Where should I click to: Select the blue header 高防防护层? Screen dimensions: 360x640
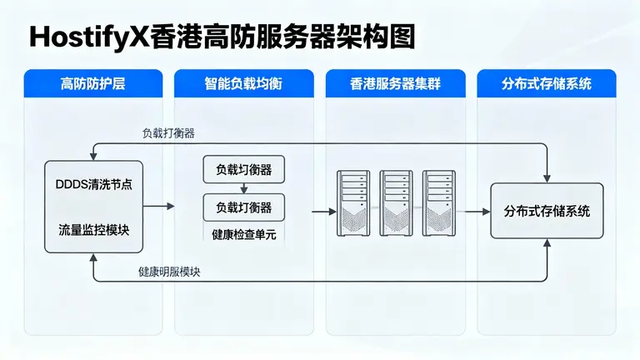pos(98,83)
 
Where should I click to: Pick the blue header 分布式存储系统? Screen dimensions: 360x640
pos(547,83)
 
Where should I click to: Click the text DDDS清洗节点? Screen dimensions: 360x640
pos(92,185)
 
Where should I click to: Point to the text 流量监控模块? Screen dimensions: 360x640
pos(92,228)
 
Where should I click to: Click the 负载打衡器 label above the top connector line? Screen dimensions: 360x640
pos(168,133)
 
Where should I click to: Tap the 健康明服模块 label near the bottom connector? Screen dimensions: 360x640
pos(169,272)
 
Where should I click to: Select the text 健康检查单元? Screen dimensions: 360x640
pos(243,233)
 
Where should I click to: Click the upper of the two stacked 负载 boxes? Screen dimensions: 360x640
pos(243,170)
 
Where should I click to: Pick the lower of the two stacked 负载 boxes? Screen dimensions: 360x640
pos(243,207)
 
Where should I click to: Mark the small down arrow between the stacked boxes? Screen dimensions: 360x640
pos(243,188)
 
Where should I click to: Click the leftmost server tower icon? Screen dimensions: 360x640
pos(353,202)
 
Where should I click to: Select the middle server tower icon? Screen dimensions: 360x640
pos(396,202)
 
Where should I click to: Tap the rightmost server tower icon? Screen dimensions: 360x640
pos(438,202)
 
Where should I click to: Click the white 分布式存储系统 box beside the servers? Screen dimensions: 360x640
pos(546,212)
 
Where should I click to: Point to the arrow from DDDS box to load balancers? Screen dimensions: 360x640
pos(158,206)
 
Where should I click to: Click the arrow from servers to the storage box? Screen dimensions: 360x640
pos(477,212)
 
